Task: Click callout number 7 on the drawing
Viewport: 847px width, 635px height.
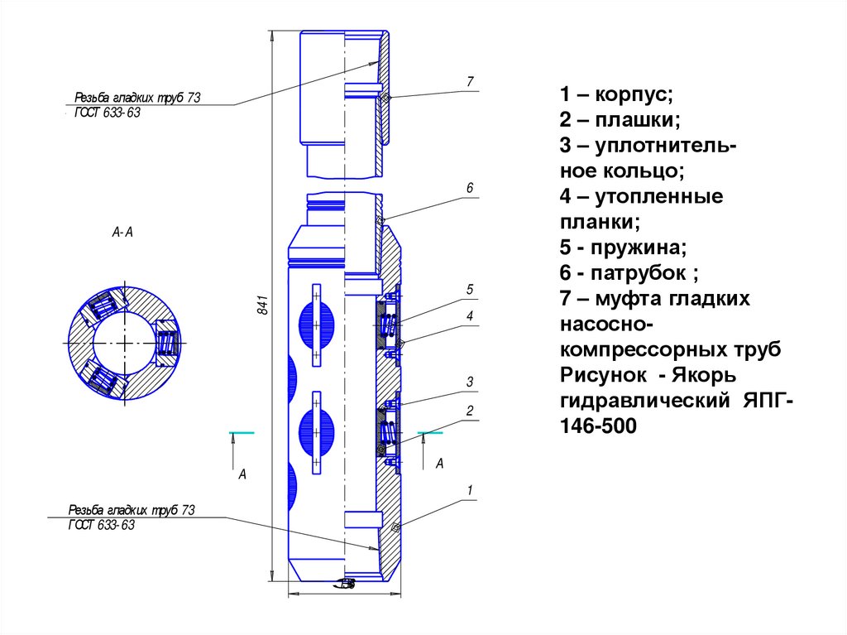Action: (x=469, y=81)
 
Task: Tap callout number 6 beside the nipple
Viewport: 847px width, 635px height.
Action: (x=469, y=189)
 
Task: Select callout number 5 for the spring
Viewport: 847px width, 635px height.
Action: (x=469, y=289)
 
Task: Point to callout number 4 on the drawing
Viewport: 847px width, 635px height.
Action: (x=469, y=315)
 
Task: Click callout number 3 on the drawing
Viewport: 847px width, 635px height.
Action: (x=469, y=382)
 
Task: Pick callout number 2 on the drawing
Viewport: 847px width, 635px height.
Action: (x=469, y=411)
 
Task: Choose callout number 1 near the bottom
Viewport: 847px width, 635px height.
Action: (x=469, y=490)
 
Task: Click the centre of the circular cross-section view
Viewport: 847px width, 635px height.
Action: (x=122, y=343)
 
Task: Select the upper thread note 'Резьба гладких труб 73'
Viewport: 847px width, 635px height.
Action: (x=137, y=98)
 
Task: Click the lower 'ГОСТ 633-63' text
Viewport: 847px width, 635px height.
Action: (x=101, y=526)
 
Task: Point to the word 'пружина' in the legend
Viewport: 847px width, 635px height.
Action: (x=642, y=248)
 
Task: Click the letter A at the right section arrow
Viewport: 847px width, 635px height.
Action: (x=440, y=464)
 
